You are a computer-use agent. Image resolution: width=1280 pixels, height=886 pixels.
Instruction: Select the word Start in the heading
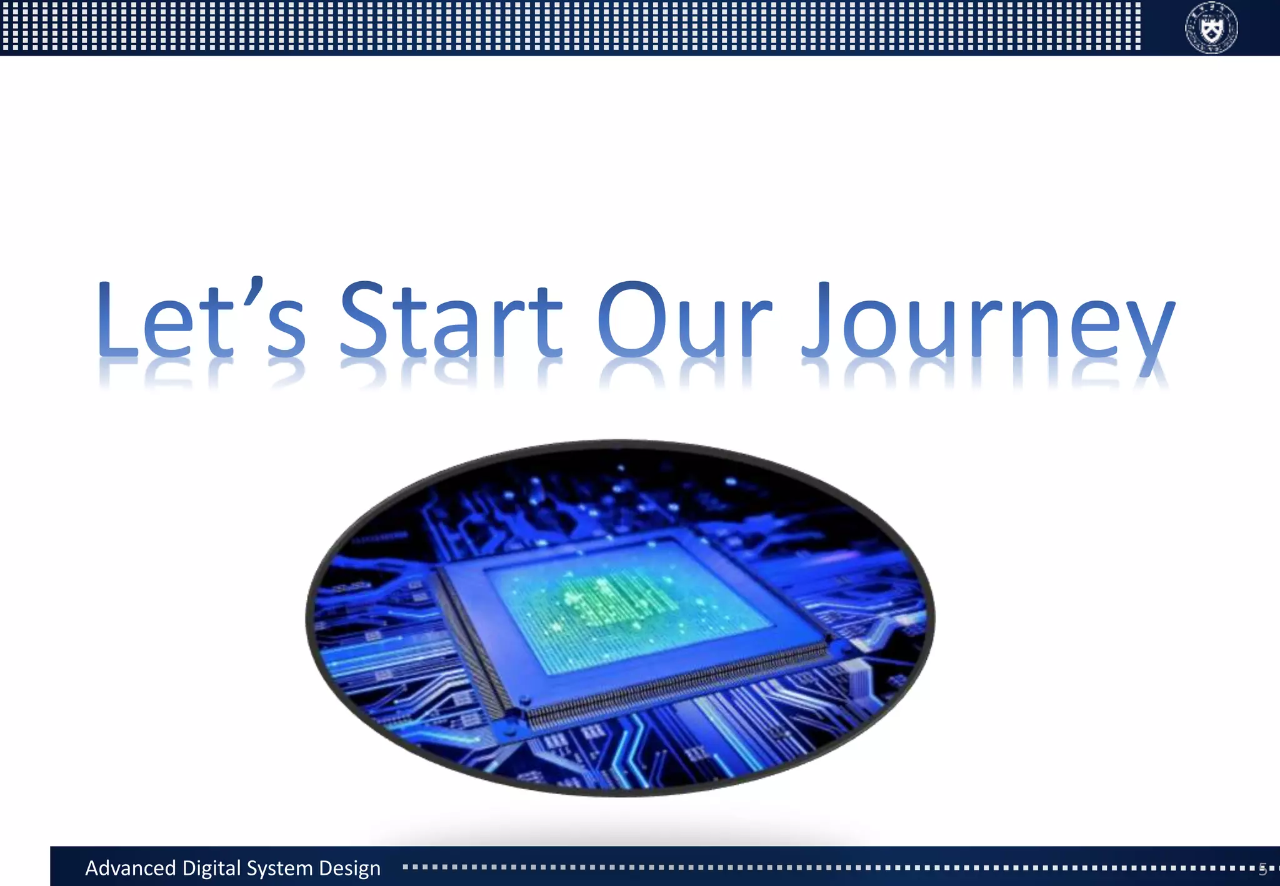450,320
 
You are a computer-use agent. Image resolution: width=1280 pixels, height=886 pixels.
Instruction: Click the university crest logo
1211,27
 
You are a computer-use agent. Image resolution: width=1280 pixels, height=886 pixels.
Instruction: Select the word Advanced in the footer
130,868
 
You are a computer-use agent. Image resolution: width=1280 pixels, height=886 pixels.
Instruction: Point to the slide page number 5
1262,868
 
